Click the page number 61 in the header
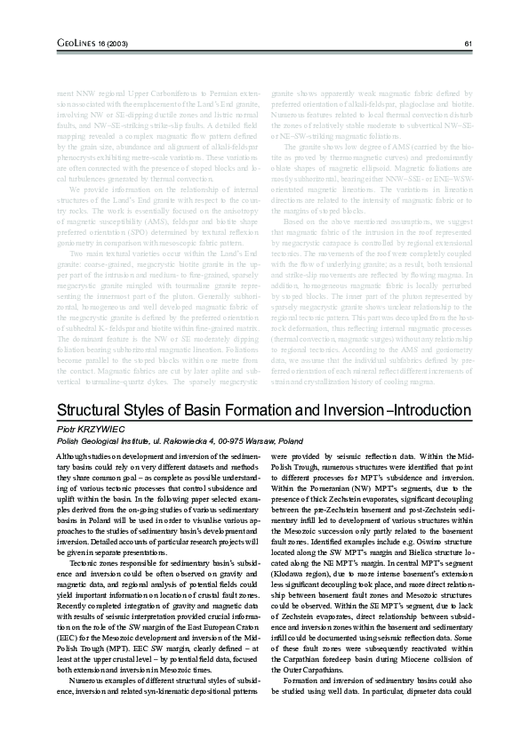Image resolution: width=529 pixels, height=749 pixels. (x=468, y=44)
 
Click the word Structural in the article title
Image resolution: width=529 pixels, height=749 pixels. (x=92, y=410)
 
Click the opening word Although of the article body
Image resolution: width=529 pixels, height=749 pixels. (x=72, y=455)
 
